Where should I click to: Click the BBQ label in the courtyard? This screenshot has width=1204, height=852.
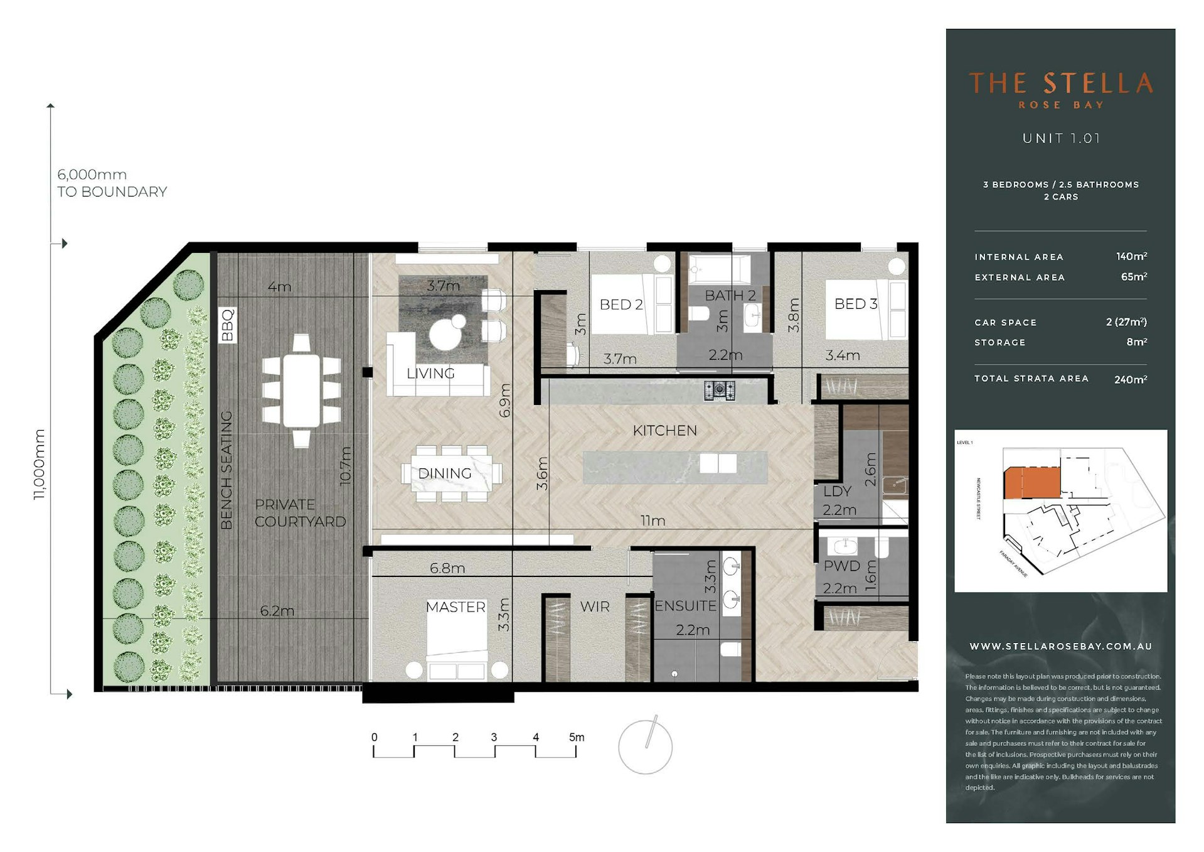[x=228, y=324]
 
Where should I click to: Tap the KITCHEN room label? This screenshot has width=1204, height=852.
[x=664, y=431]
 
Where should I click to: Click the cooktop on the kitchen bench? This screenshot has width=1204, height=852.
[x=719, y=391]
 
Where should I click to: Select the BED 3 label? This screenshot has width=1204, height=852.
[x=855, y=304]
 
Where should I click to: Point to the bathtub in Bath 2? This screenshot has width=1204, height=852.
[x=719, y=269]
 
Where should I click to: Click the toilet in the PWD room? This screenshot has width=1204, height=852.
[x=882, y=548]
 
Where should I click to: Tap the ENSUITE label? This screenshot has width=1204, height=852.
[x=685, y=606]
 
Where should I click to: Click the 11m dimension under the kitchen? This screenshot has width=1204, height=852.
[x=653, y=520]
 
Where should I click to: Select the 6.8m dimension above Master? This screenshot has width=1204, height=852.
[x=447, y=568]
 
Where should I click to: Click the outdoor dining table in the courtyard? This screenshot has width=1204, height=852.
[x=302, y=391]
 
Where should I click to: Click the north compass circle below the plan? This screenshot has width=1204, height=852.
[x=645, y=747]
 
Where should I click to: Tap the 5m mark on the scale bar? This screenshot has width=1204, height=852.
[x=576, y=738]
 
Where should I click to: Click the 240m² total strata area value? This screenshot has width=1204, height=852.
[x=1130, y=379]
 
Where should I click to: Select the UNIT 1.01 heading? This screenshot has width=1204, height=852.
[x=1060, y=138]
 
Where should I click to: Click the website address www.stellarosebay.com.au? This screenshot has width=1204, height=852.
[x=1060, y=646]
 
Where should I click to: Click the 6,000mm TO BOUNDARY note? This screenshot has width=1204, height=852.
[x=112, y=183]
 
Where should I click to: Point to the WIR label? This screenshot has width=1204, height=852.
[x=594, y=607]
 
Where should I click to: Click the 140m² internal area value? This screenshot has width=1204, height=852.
[x=1131, y=256]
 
